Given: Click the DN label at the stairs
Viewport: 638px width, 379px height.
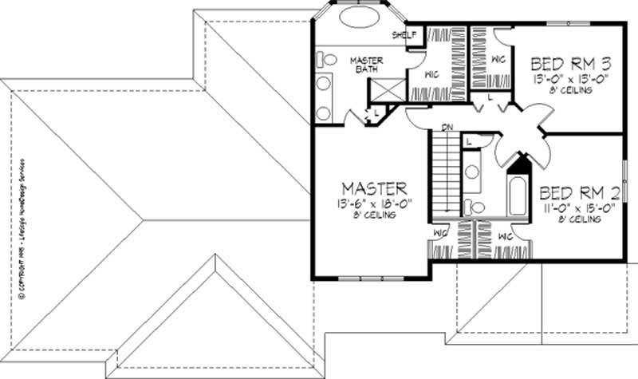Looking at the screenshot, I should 448,128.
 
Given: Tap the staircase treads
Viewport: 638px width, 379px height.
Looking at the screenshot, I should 445,172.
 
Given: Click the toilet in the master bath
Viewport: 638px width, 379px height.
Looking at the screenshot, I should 326,60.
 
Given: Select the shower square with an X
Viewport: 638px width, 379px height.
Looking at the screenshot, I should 388,91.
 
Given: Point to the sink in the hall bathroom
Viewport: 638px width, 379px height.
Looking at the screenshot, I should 471,171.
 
